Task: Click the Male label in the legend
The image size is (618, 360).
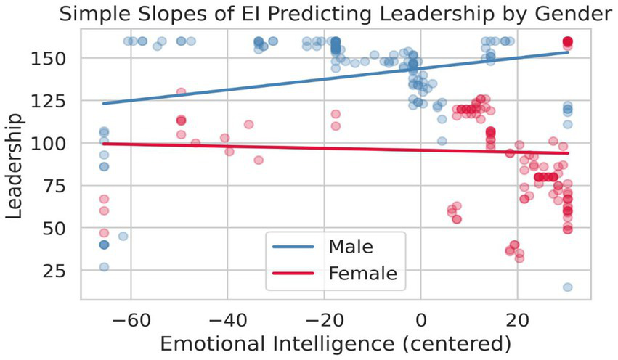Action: click(x=351, y=247)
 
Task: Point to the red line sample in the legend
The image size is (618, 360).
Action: click(x=293, y=274)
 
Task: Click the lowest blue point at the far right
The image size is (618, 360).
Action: click(x=567, y=287)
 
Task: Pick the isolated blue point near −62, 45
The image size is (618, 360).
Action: click(x=123, y=237)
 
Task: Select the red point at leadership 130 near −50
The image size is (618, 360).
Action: click(x=181, y=92)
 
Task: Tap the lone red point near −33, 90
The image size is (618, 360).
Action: click(x=258, y=160)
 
